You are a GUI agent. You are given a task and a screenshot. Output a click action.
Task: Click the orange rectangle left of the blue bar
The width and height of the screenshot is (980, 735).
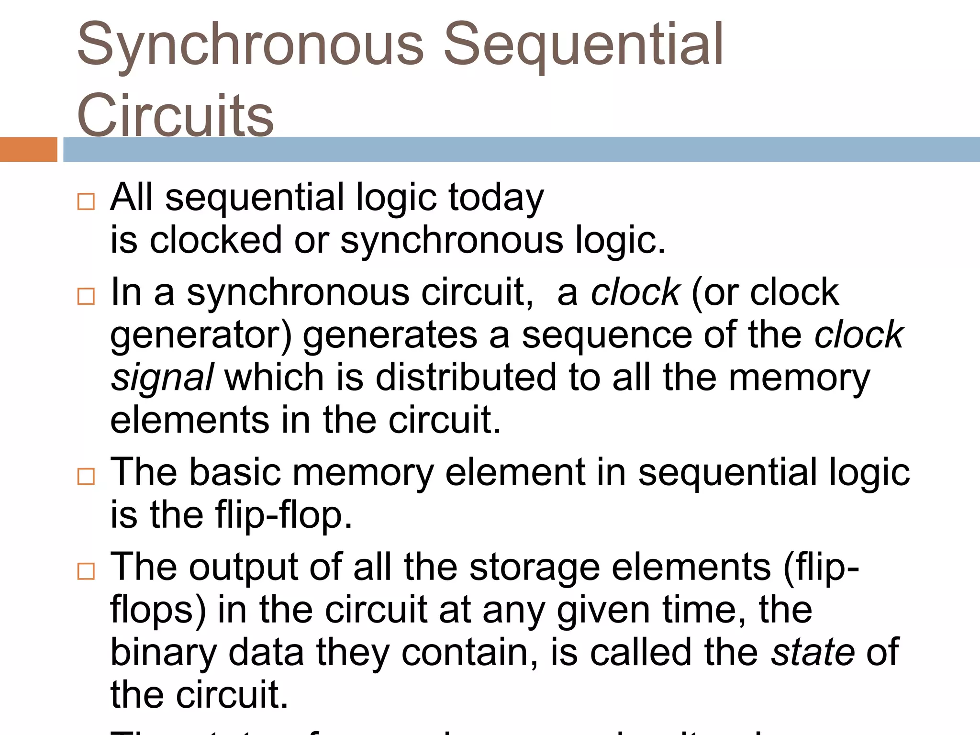28,149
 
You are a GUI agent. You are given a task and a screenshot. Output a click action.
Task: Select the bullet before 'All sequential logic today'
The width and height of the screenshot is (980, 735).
86,201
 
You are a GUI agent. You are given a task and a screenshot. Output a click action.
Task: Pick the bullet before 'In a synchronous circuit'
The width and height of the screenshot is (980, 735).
86,296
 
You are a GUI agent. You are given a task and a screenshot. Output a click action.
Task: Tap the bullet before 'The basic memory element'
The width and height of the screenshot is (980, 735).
86,476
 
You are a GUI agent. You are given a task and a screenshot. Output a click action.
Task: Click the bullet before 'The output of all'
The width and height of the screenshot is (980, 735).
86,571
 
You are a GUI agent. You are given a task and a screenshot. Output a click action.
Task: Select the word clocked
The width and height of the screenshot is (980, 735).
216,240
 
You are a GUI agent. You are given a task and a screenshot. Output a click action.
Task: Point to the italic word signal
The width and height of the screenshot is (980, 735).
162,378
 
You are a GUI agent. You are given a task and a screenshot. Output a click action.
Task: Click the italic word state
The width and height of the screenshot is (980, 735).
813,653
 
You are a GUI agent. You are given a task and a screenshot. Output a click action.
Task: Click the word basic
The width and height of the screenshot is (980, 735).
235,473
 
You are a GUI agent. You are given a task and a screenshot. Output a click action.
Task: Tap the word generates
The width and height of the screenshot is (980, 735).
390,336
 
